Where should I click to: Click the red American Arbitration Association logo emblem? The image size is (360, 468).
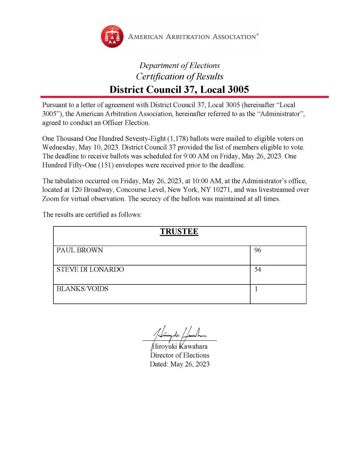[x=112, y=36]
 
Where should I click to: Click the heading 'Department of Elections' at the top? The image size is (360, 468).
[x=180, y=66]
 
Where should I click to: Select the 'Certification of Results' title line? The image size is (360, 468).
[x=180, y=76]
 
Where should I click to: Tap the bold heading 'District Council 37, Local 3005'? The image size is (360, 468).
[x=179, y=89]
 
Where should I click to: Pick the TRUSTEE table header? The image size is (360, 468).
[x=179, y=232]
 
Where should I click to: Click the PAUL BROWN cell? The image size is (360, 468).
[x=80, y=250]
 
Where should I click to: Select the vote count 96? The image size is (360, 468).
[x=258, y=250]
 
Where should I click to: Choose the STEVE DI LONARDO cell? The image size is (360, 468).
[x=90, y=270]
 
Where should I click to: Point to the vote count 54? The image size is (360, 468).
[x=258, y=270]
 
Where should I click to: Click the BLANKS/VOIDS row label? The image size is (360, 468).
[x=82, y=289]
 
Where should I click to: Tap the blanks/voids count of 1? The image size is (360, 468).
[x=256, y=289]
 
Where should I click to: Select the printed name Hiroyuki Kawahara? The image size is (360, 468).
[x=180, y=346]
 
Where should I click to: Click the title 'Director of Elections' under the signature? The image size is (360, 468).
[x=180, y=355]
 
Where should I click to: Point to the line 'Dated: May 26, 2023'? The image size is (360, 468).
[x=180, y=364]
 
